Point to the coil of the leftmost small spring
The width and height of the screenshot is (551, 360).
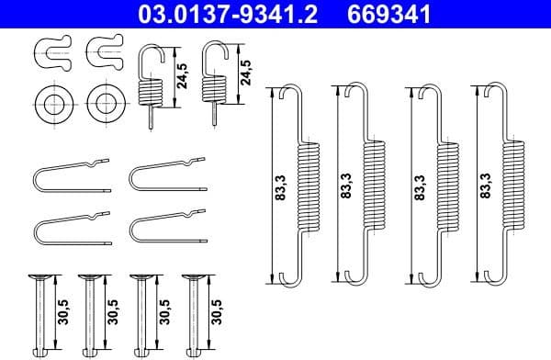[151, 90]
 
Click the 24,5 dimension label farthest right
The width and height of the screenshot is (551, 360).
[245, 73]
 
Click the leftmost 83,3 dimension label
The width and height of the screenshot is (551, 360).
[280, 186]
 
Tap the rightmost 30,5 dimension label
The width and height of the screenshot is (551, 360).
[217, 308]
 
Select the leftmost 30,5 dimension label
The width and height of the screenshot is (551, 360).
[62, 308]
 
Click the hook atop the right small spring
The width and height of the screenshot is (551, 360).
[214, 53]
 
